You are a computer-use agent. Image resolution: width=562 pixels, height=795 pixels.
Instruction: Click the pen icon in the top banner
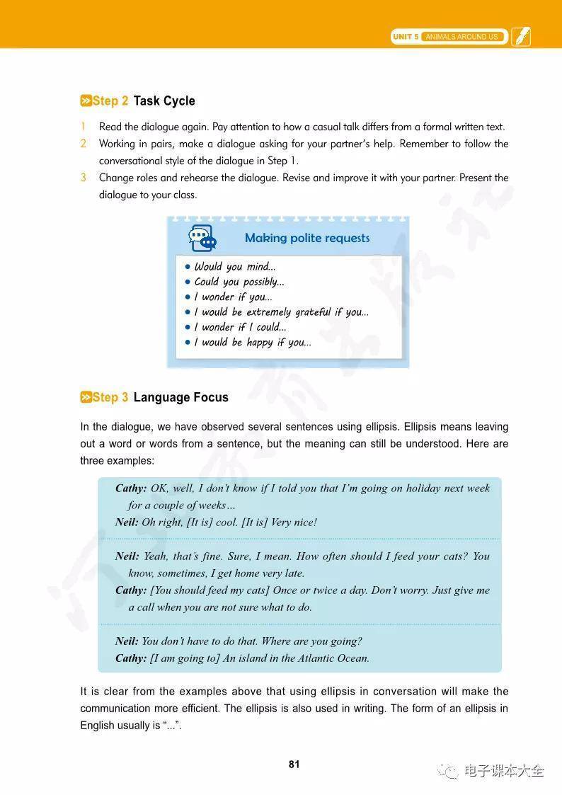coord(521,36)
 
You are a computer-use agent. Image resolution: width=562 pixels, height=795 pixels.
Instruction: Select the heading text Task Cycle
coord(164,101)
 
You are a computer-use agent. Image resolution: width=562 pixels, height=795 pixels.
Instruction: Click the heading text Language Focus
coord(180,397)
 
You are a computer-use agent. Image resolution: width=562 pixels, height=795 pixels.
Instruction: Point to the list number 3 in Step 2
coord(84,178)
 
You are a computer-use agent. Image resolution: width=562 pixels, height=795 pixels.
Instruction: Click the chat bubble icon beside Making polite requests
coord(202,238)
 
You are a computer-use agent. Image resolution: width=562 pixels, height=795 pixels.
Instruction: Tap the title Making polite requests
coord(307,238)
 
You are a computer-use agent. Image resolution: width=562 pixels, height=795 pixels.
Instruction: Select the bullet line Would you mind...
coord(234,267)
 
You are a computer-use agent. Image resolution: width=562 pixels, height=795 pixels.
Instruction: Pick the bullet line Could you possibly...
coord(239,282)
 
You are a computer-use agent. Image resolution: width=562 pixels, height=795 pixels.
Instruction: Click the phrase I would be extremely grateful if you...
coord(281,312)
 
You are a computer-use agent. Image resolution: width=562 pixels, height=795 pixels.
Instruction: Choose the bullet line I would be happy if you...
coord(252,343)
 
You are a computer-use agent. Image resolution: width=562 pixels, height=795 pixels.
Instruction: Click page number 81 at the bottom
coord(294,764)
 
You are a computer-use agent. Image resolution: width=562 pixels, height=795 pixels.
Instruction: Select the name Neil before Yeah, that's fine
coord(127,556)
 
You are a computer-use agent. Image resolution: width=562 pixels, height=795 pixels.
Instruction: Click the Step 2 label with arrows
coord(104,101)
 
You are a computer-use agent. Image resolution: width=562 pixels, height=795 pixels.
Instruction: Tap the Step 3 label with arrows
coord(104,397)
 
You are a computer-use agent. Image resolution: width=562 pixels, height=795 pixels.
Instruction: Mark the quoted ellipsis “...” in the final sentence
coord(171,726)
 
